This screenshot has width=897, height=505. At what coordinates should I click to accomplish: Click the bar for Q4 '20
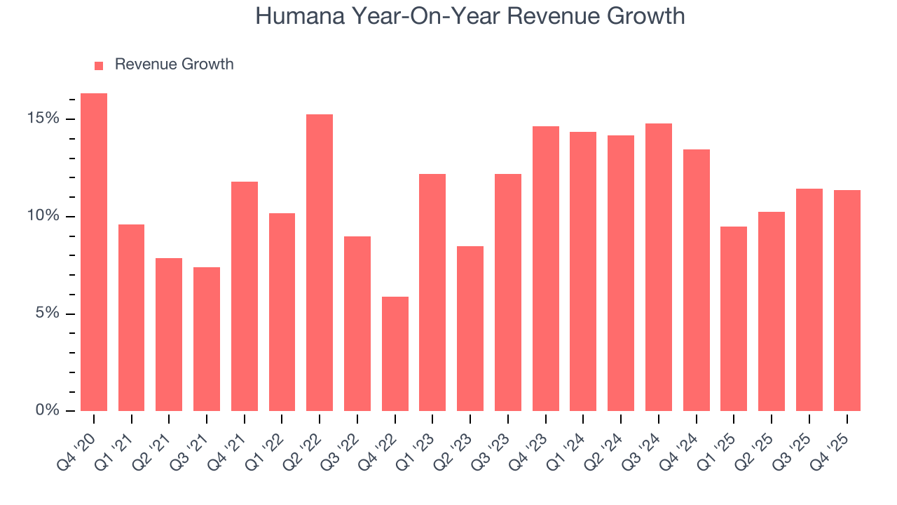point(94,252)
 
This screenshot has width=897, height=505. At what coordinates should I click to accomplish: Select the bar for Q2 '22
point(320,263)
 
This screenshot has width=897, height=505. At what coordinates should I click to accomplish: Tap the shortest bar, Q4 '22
point(395,354)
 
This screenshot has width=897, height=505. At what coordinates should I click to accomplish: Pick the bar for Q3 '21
point(207,339)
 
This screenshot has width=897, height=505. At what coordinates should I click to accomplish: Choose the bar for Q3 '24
point(658,267)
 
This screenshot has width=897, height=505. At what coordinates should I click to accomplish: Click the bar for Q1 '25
point(734,319)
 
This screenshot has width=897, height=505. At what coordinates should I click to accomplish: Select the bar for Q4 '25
point(847,301)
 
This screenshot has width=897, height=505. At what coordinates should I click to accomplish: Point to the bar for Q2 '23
point(470,329)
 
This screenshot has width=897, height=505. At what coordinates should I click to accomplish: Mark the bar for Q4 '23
point(545,269)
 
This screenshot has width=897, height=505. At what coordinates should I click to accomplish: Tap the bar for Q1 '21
point(132,318)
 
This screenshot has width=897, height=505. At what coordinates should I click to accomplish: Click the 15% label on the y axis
point(43,119)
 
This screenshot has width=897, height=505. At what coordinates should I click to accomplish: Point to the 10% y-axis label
point(43,216)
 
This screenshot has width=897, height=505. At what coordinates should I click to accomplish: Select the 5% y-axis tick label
point(47,314)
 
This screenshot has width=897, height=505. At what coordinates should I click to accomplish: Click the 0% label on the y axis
point(47,410)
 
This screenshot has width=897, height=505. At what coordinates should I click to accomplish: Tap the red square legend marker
point(99,65)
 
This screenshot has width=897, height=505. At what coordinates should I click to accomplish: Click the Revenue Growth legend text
point(174,65)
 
